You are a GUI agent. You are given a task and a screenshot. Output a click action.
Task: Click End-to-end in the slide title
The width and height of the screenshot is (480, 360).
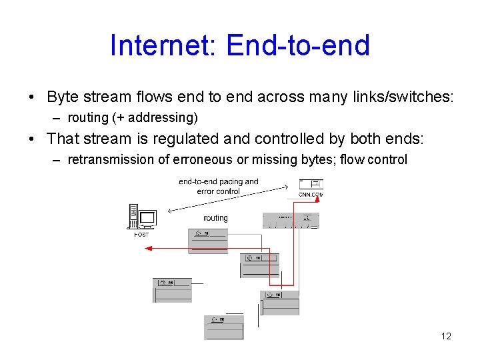298,45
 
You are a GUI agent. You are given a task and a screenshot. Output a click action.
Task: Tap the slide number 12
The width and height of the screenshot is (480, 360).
446,336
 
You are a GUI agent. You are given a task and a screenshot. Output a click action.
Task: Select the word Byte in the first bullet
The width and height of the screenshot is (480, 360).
63,97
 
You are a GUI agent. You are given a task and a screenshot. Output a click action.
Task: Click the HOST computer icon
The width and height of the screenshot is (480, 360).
141,217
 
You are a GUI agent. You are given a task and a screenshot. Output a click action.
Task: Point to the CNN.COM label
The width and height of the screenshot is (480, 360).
311,195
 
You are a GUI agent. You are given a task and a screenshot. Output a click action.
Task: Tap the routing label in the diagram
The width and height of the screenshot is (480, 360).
215,218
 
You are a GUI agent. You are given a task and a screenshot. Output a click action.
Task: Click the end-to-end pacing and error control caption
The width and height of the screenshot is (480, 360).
218,186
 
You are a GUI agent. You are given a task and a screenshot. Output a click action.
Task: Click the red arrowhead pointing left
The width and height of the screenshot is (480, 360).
149,248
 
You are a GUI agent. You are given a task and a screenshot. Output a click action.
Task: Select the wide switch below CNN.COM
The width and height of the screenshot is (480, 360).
291,220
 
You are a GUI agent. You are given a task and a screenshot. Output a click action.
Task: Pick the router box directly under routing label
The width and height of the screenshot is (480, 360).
207,241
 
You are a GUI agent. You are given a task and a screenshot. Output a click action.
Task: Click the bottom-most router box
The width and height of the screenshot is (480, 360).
223,327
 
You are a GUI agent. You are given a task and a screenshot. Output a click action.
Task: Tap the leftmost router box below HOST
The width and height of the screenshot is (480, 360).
172,290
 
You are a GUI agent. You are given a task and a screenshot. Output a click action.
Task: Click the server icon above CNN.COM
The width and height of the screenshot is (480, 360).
311,184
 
